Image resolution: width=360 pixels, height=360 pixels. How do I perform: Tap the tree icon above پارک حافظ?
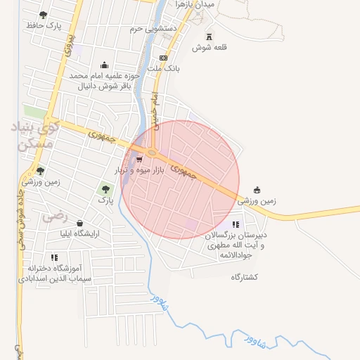(43, 15)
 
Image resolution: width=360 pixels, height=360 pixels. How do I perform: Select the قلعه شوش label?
(207, 49)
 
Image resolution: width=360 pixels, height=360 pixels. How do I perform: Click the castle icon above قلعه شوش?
(207, 37)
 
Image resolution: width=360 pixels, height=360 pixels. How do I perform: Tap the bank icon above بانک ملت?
(164, 58)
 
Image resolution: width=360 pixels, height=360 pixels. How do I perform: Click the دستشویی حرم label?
(153, 30)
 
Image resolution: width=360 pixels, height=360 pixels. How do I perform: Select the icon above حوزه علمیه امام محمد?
(105, 64)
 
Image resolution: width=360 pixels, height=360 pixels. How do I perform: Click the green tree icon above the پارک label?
(105, 188)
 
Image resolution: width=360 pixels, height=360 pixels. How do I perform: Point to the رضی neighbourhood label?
(53, 217)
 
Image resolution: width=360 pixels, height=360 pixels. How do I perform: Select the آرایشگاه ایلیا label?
(79, 233)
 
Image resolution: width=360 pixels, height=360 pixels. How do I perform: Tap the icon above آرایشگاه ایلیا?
(79, 223)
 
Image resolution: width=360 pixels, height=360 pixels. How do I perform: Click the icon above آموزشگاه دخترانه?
(54, 257)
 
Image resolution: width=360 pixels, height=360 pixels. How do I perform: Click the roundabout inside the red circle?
(152, 152)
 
